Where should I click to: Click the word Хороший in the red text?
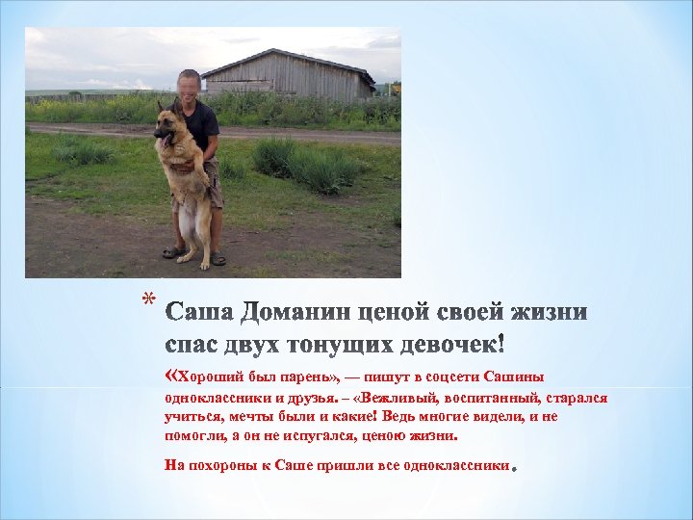[207, 377]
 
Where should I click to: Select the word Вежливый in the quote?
[405, 397]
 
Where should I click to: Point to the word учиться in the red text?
[192, 416]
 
